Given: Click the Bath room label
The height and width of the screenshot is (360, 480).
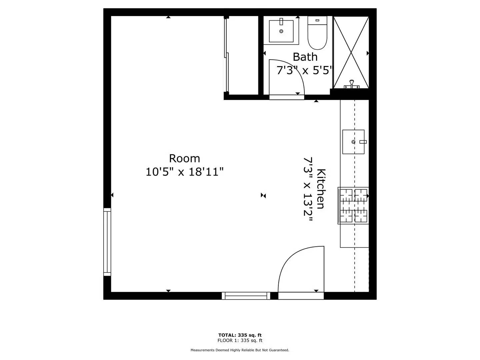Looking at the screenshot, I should [x=305, y=57].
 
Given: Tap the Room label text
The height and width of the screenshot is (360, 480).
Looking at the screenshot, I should [x=184, y=158].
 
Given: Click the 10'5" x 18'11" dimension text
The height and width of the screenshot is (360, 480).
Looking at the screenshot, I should [x=184, y=172].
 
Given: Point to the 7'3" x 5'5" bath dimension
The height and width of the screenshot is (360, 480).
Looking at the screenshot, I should [x=305, y=71].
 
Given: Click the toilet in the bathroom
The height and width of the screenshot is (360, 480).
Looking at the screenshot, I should [x=317, y=33].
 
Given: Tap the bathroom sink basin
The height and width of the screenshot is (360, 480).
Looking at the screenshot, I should [x=281, y=31].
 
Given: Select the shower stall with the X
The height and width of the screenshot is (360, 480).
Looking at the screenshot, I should [x=351, y=52].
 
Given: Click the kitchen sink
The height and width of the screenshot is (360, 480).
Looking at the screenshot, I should [x=353, y=142].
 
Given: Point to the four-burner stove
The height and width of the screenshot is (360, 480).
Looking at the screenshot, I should [x=353, y=205].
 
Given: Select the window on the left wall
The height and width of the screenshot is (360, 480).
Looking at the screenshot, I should [x=107, y=242].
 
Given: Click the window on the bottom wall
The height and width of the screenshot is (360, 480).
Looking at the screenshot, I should [x=246, y=296].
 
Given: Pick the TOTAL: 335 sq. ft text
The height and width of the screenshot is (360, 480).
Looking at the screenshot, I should [x=240, y=335].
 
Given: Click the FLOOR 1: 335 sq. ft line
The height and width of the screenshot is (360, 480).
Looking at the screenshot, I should [x=240, y=340].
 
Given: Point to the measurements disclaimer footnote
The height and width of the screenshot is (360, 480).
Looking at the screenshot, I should [x=240, y=350].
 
